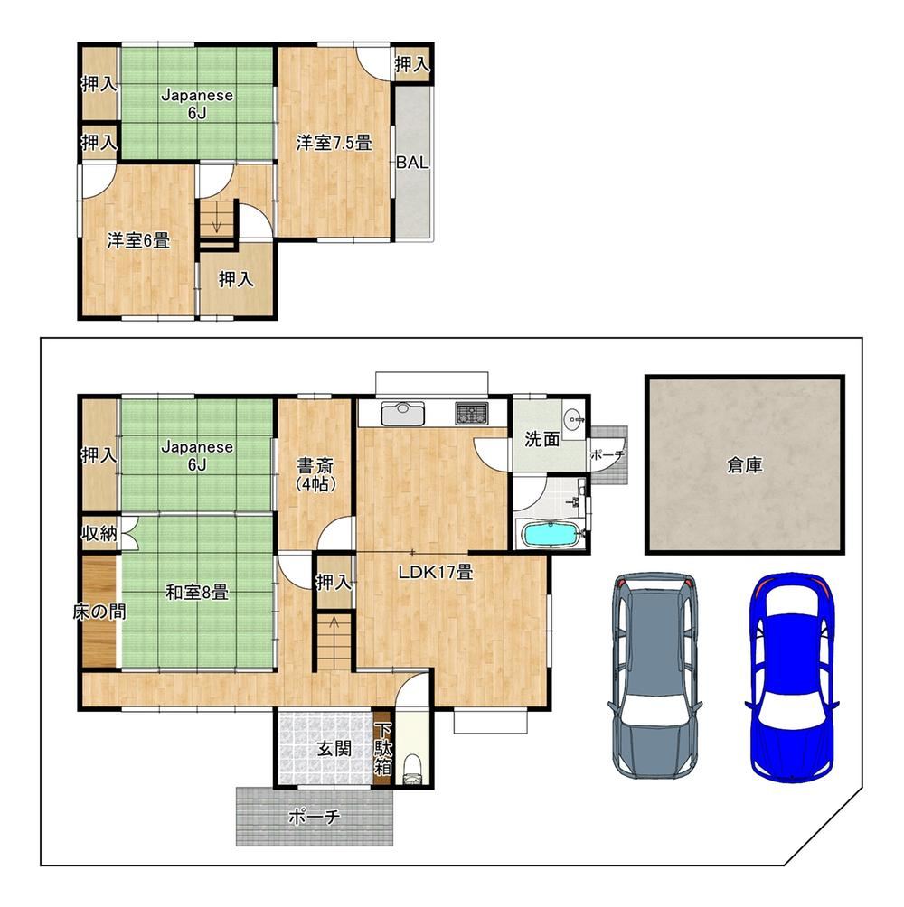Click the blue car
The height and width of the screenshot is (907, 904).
(791, 678)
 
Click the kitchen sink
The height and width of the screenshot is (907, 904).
(402, 413)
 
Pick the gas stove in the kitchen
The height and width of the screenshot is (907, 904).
(472, 413)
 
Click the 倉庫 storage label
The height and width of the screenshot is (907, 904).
(744, 465)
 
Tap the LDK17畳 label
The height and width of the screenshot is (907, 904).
(436, 572)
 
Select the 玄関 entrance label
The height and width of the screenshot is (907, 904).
(334, 749)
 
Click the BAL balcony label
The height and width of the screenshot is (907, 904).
(412, 163)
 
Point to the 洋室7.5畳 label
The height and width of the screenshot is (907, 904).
(334, 143)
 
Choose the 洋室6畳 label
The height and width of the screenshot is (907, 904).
(138, 240)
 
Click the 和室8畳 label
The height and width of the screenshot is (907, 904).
(197, 592)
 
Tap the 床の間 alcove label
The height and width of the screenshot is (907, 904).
(99, 612)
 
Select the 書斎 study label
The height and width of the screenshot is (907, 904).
(315, 465)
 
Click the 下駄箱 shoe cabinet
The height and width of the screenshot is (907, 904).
(383, 750)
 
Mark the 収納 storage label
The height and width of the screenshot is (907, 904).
(99, 533)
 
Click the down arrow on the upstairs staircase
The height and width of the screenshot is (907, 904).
(217, 220)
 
